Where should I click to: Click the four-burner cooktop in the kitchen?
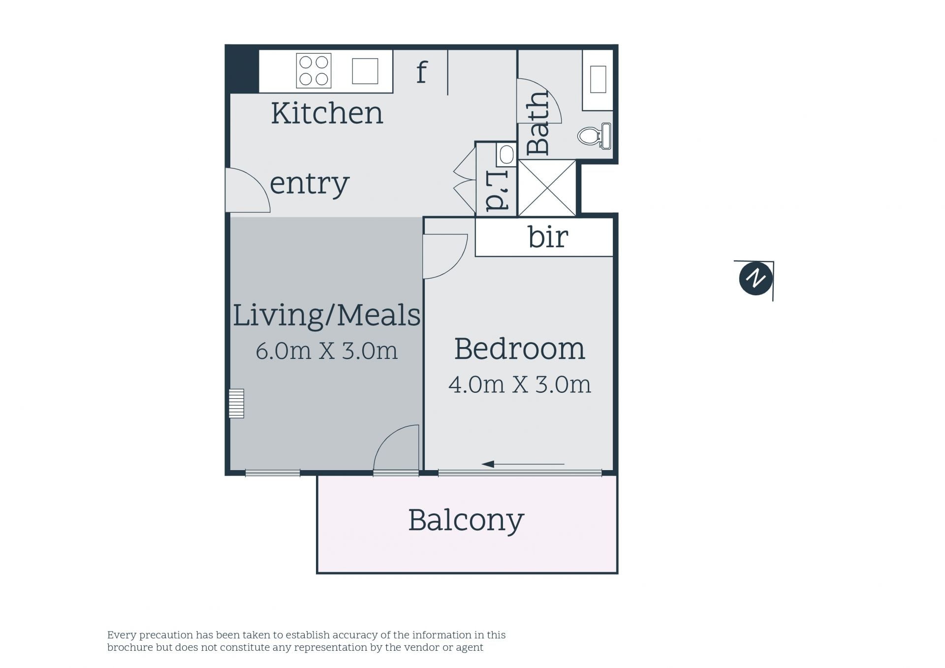[314, 71]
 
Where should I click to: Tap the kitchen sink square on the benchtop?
[365, 71]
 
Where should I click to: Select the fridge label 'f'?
[422, 73]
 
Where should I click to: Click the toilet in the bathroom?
[595, 135]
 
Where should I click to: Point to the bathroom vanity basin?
[598, 79]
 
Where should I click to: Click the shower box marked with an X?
[547, 188]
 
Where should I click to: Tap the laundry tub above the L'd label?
[506, 155]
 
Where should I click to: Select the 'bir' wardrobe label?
[548, 237]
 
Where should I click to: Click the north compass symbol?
[756, 278]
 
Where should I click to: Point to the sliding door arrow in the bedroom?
[523, 464]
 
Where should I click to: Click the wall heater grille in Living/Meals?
[236, 404]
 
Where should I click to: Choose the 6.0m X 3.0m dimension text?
[326, 351]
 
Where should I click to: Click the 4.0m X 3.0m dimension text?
[519, 384]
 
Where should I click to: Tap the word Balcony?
[466, 521]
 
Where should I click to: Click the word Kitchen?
[327, 113]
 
